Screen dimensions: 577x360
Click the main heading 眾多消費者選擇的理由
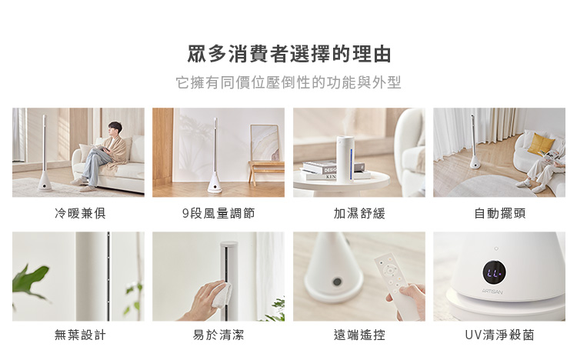(x=288, y=54)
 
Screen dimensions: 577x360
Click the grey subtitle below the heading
(x=288, y=82)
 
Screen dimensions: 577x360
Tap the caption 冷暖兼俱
(x=80, y=213)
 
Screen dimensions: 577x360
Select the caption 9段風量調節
(x=218, y=213)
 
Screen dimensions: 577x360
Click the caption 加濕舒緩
(x=359, y=213)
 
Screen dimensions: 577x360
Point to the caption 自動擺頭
(x=500, y=213)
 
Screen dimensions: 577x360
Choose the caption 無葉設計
(x=80, y=335)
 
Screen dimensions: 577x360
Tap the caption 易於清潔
(x=218, y=335)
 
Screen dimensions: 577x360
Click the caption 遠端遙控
(x=359, y=335)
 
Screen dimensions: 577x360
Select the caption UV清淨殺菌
(x=500, y=335)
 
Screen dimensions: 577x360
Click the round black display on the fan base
(x=494, y=272)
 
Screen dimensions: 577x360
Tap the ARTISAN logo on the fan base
(x=492, y=292)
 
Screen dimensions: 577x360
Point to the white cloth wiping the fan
(x=222, y=295)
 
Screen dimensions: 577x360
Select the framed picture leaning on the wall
(x=265, y=143)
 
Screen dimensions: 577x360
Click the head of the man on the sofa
(x=115, y=128)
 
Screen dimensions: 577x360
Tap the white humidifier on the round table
(x=345, y=158)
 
